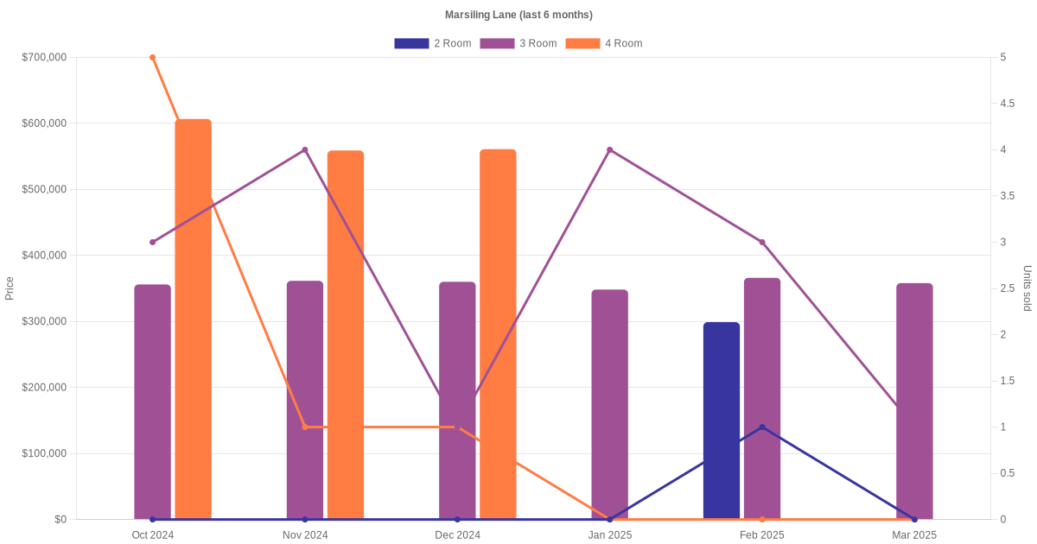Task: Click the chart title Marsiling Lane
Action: coord(518,15)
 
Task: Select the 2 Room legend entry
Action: coord(433,43)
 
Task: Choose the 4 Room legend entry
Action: coord(604,43)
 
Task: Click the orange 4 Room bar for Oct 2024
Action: coord(193,319)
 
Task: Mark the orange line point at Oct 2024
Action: coord(152,58)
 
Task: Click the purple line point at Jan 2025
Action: coord(609,150)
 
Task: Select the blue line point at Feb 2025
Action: coord(762,427)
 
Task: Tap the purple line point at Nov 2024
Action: coord(305,150)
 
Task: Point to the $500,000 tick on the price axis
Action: coord(43,189)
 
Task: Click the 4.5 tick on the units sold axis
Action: coord(1007,104)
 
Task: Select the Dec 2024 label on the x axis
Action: coord(457,535)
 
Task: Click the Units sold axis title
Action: coord(1027,288)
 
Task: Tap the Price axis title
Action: coord(10,288)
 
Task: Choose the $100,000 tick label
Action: coord(43,453)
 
